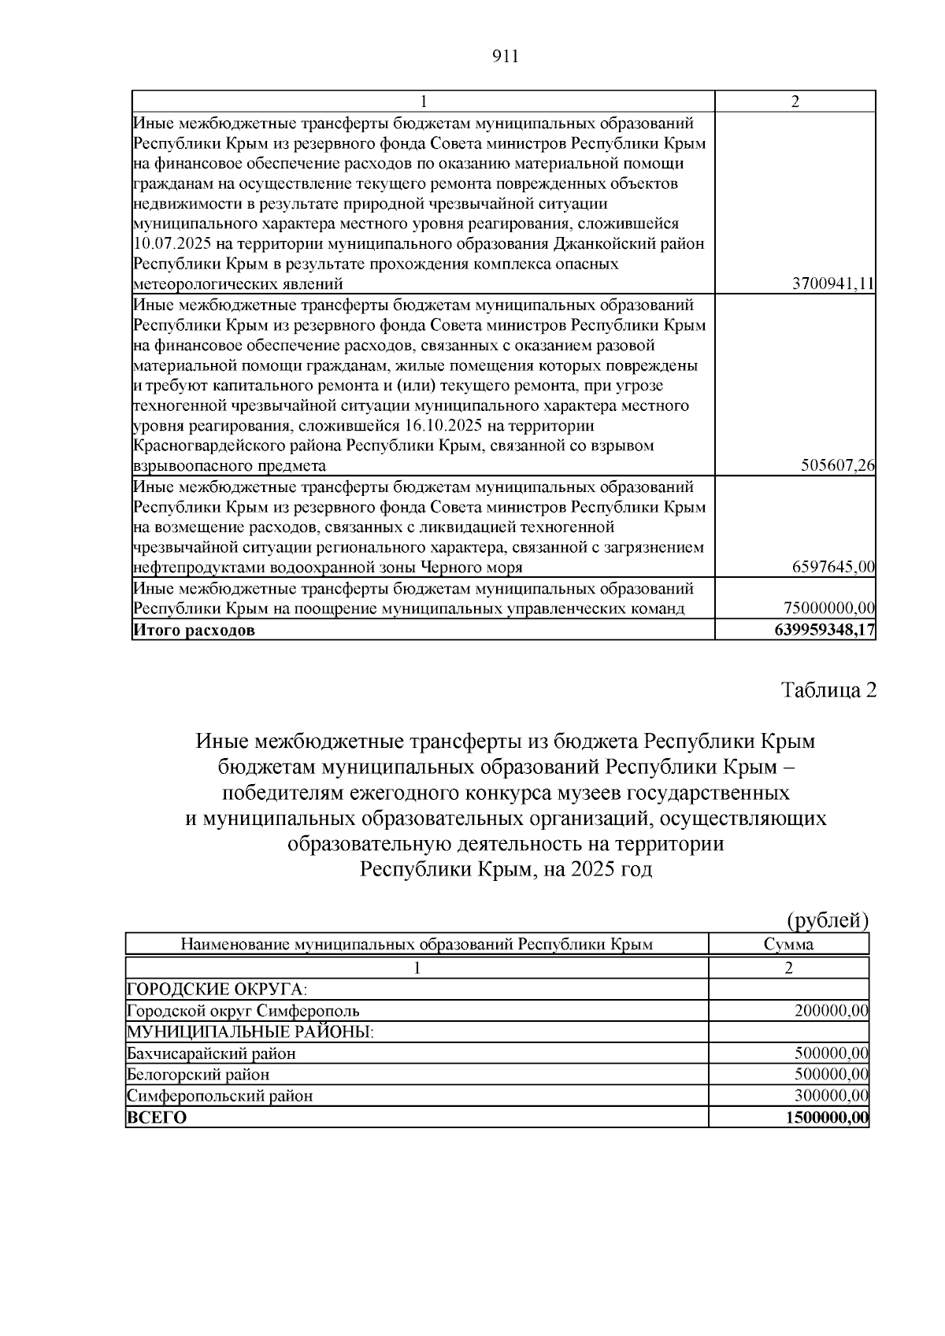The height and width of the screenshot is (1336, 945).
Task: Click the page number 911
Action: (x=505, y=56)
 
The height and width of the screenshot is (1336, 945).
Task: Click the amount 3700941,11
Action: (x=833, y=284)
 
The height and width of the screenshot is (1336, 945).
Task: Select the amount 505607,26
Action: (x=838, y=466)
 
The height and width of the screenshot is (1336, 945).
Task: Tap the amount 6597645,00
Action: (x=833, y=568)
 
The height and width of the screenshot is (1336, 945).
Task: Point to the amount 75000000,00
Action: (x=829, y=608)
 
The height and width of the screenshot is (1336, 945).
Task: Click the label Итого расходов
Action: (x=195, y=631)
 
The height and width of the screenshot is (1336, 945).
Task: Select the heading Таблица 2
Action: (x=828, y=690)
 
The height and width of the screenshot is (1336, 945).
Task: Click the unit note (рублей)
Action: (x=828, y=920)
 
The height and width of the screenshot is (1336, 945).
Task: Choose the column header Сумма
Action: (x=788, y=944)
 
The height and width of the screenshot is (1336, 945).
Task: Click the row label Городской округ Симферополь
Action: (x=244, y=1011)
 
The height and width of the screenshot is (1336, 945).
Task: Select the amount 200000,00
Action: (x=831, y=1011)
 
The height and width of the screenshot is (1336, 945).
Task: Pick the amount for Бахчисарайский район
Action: (x=831, y=1053)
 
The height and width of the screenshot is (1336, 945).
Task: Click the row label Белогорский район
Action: (x=198, y=1075)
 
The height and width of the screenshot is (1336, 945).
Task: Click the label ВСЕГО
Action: (x=157, y=1117)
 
